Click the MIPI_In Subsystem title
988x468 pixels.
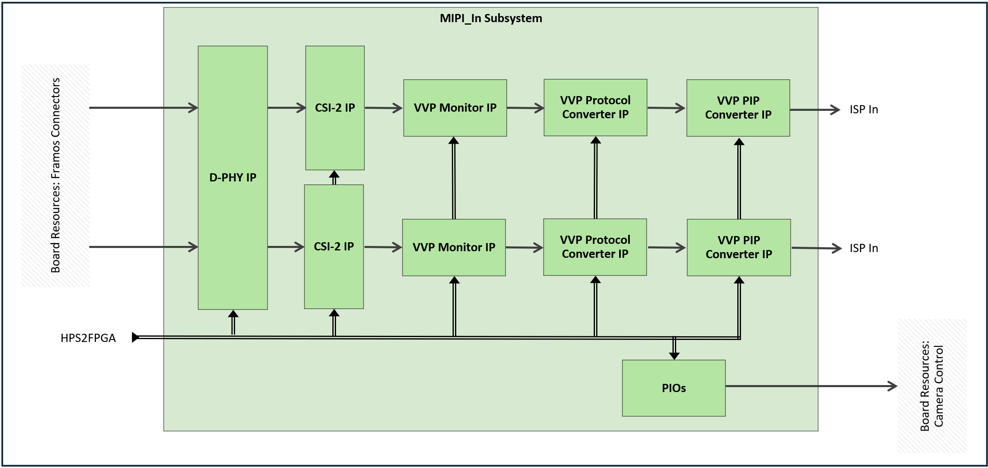tap(491, 18)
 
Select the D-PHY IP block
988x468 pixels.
tap(233, 177)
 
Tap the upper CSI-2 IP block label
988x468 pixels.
tap(335, 108)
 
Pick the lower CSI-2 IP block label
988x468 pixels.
tap(334, 246)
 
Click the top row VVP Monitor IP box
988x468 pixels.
tap(455, 108)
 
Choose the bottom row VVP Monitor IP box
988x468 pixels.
tap(454, 247)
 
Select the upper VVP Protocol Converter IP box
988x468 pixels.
tap(595, 107)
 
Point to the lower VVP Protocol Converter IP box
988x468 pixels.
tap(595, 247)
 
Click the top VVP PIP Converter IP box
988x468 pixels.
tap(738, 108)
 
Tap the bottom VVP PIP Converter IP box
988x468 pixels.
tap(739, 247)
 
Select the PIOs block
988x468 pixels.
tap(674, 388)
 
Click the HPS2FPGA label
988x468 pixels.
tap(88, 338)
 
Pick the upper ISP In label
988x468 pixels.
tap(864, 110)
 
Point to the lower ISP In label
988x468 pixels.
tap(864, 248)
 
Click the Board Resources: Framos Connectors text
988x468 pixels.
tap(55, 175)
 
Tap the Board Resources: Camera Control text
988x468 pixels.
tap(932, 386)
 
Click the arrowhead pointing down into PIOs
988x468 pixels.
tap(674, 356)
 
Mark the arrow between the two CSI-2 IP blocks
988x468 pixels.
tap(334, 177)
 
